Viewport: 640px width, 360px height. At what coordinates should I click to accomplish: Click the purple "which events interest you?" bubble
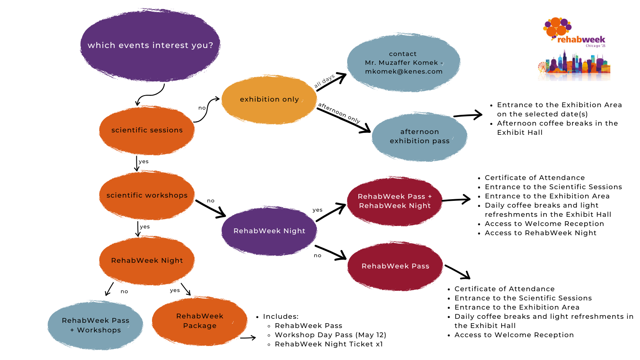pos(150,45)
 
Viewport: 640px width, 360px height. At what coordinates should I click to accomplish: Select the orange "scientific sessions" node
pos(147,130)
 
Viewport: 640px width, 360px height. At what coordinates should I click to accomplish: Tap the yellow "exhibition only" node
pos(269,99)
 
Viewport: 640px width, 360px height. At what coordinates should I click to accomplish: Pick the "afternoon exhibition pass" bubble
pos(419,136)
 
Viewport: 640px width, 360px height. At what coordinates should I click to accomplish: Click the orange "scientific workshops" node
pos(147,195)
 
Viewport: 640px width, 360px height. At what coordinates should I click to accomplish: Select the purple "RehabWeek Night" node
pos(269,231)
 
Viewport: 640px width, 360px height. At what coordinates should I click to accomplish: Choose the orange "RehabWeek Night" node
pos(147,260)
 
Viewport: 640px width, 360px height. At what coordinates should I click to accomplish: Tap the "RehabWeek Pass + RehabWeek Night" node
pos(395,201)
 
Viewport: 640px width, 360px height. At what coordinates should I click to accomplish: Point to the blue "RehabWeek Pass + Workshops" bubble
pos(95,325)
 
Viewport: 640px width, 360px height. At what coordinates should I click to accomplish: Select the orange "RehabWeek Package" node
pos(200,321)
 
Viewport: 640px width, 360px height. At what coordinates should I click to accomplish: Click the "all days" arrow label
pos(324,81)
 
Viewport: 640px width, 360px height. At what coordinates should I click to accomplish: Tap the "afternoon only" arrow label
pos(339,113)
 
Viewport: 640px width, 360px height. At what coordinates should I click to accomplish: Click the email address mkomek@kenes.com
pos(404,72)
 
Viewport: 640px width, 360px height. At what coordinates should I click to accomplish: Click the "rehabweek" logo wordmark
pos(581,40)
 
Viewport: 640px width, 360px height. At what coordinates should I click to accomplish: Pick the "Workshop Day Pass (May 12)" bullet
pos(330,335)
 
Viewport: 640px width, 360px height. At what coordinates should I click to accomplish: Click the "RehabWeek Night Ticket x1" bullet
pos(329,344)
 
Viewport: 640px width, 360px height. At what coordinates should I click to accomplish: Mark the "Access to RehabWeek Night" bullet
pos(540,233)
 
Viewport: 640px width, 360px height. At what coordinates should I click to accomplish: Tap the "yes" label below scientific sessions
pos(144,162)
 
